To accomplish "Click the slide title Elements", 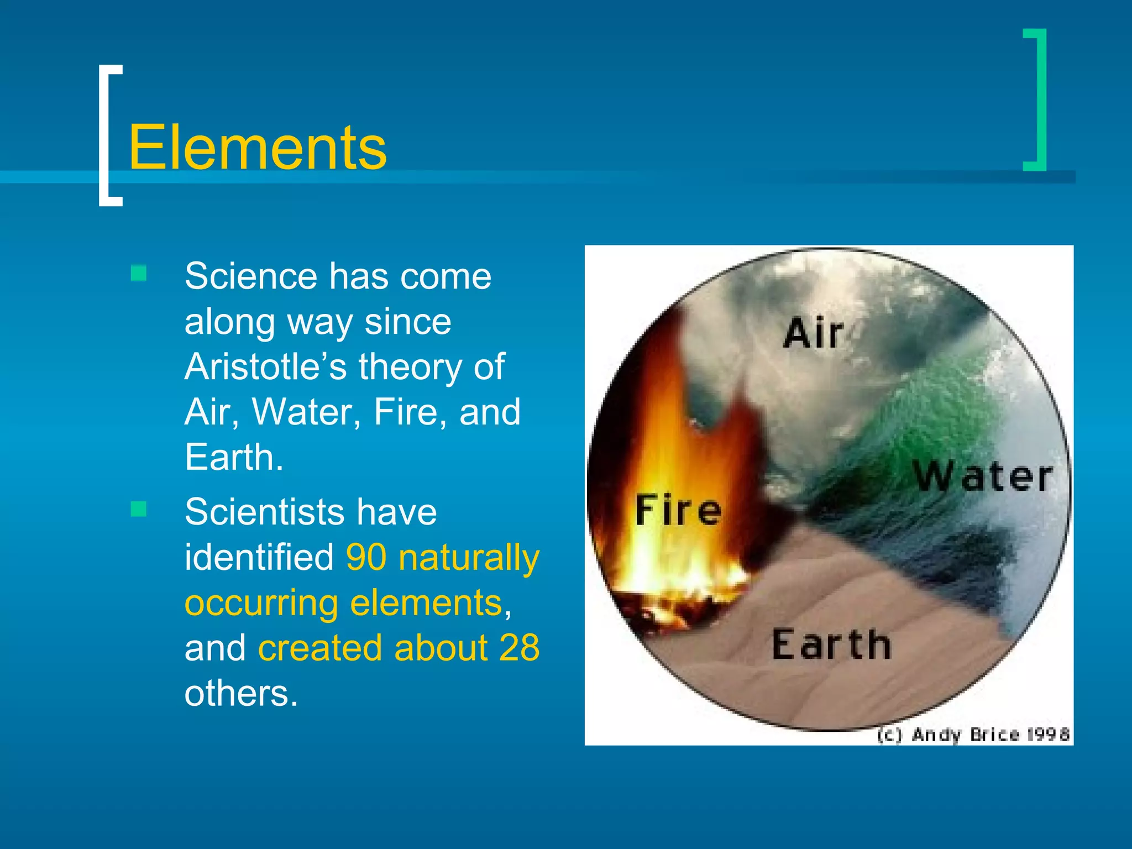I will pyautogui.click(x=258, y=148).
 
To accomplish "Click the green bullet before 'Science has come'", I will pyautogui.click(x=139, y=274).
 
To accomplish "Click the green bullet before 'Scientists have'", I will pyautogui.click(x=139, y=509).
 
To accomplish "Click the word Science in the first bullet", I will pyautogui.click(x=250, y=276).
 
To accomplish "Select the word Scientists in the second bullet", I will pyautogui.click(x=264, y=512).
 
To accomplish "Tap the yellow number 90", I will pyautogui.click(x=366, y=557).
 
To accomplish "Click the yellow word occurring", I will pyautogui.click(x=261, y=602).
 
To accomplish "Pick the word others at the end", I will pyautogui.click(x=240, y=693).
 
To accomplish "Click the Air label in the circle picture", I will pyautogui.click(x=813, y=333).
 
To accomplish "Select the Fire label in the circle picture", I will pyautogui.click(x=678, y=510).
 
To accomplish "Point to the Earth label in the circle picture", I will pyautogui.click(x=831, y=644).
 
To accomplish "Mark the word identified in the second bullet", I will pyautogui.click(x=259, y=557).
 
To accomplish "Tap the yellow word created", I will pyautogui.click(x=319, y=648).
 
